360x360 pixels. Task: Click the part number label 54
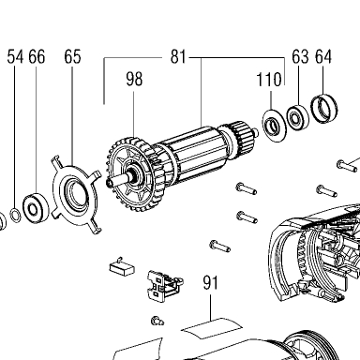pos(15,57)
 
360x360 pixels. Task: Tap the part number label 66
pos(37,57)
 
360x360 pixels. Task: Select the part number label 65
pos(72,57)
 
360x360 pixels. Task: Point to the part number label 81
pos(178,57)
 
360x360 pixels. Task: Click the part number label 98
pos(134,79)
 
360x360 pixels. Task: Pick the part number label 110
pos(269,80)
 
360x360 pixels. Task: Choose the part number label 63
pos(300,57)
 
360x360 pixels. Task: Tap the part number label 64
pos(323,57)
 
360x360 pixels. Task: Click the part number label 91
pos(210,283)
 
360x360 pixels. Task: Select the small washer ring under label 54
pos(15,215)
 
